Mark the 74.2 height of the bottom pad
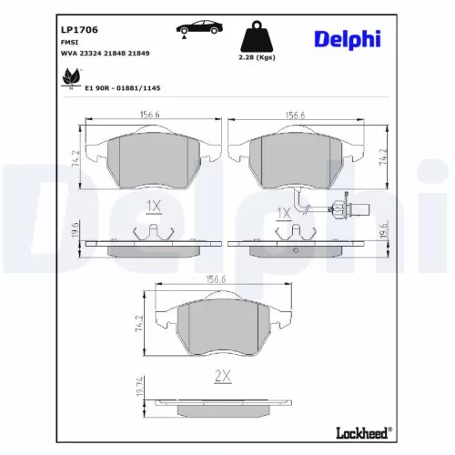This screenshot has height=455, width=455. click(139, 323)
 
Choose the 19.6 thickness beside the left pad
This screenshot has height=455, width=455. click(75, 233)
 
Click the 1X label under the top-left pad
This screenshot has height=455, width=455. click(153, 206)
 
